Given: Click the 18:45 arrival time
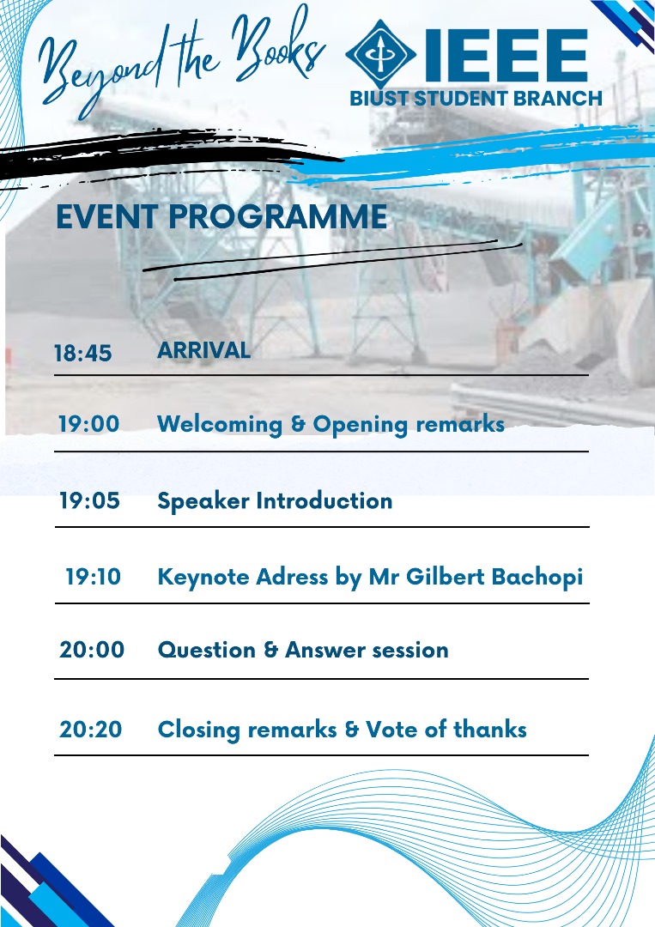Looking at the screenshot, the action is click(82, 353).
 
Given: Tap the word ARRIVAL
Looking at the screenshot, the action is click(203, 350).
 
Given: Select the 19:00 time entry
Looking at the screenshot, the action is click(88, 424).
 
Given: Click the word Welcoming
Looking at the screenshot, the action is click(219, 425).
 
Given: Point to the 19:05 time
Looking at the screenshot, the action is click(89, 500).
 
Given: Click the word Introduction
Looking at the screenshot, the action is click(324, 500).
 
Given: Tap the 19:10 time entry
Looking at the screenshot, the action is click(93, 577).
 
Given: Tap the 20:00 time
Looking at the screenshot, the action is click(92, 650).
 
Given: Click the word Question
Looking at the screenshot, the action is click(206, 651).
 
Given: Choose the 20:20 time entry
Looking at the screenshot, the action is click(90, 729).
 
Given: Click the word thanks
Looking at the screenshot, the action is click(490, 729).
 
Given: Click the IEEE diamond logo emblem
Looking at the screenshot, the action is click(380, 54).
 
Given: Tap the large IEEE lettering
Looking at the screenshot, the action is click(506, 55).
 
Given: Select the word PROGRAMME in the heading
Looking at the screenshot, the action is click(278, 216).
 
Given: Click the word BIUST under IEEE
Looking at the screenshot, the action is click(379, 98).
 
